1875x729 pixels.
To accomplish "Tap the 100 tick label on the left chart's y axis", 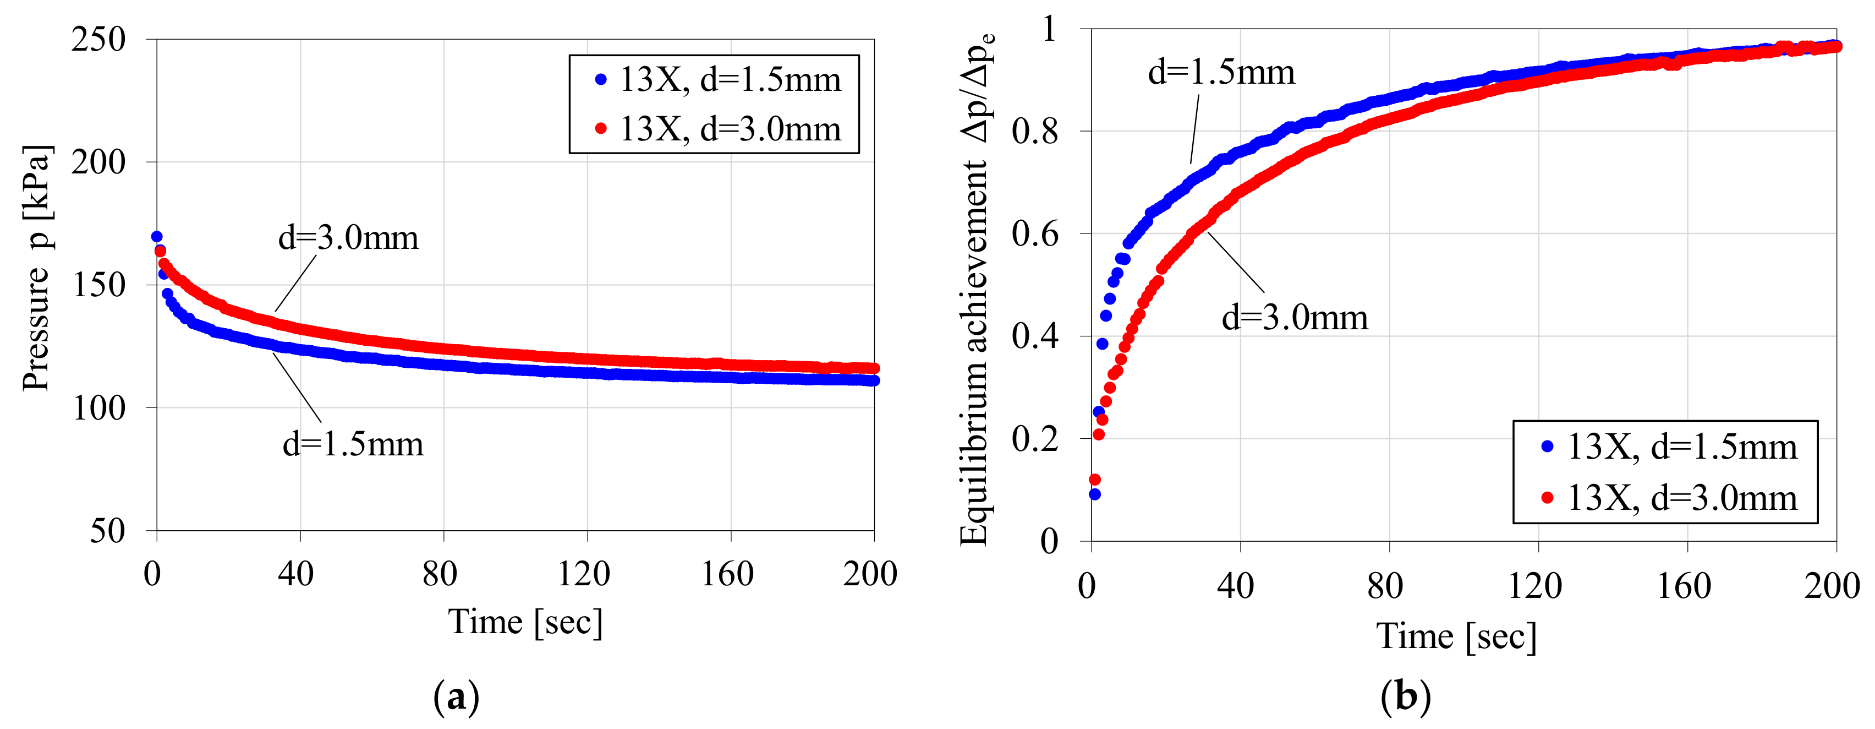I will (99, 409).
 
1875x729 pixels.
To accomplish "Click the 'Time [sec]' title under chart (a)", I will (525, 623).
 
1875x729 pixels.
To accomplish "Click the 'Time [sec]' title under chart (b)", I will (1456, 636).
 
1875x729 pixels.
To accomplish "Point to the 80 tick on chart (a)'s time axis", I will (440, 575).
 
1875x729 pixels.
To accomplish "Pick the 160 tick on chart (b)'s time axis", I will (1684, 587).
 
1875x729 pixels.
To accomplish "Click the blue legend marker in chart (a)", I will (600, 79).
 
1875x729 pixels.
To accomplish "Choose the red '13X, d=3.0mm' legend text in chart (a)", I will (730, 129).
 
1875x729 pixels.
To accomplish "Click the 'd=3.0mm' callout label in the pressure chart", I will (349, 238).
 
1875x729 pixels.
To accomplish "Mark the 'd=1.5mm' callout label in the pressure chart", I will (353, 444).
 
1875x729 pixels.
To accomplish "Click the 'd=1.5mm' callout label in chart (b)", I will (1221, 72).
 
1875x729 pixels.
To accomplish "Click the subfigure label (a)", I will (457, 697).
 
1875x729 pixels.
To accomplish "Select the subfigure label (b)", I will (1406, 697).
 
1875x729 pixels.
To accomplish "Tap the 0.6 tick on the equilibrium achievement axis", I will (1034, 235).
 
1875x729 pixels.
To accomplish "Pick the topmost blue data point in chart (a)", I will (156, 237).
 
